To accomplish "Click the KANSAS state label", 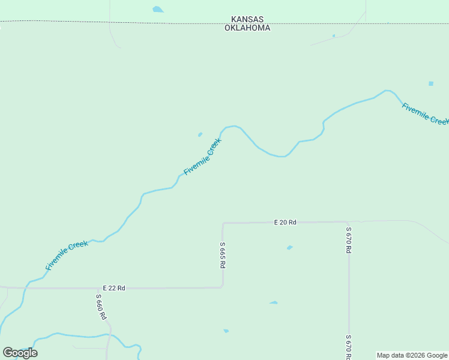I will [x=247, y=20].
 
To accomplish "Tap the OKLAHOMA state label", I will [x=247, y=28].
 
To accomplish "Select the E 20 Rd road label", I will [x=285, y=222].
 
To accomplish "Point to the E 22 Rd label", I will [x=113, y=288].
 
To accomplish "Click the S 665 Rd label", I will [x=222, y=255].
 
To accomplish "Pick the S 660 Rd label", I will [x=101, y=306].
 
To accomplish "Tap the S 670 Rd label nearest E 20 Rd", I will [x=348, y=239].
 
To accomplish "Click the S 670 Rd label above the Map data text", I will [x=348, y=344].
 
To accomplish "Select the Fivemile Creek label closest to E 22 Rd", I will [x=67, y=255].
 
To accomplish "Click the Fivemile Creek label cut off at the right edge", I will [x=425, y=114].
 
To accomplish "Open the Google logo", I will [x=20, y=353].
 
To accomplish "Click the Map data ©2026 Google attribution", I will [x=412, y=355].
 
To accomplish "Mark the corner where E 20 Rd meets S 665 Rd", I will [x=223, y=223].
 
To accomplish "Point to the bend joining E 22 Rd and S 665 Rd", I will [x=222, y=287].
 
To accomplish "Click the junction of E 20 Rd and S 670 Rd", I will [x=348, y=222].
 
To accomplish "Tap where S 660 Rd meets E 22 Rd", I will [x=98, y=288].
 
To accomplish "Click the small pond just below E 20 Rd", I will [x=289, y=247].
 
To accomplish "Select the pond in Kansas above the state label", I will [x=158, y=10].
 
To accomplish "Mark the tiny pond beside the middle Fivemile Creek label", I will [x=200, y=134].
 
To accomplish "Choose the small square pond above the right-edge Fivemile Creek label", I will [x=430, y=83].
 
